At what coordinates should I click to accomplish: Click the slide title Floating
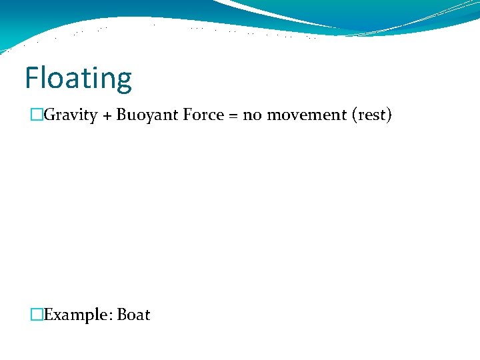(x=78, y=79)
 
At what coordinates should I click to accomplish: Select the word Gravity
(x=72, y=115)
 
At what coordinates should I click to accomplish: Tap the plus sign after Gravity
(x=107, y=116)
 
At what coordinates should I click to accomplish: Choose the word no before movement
(x=251, y=115)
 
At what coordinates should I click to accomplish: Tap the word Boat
(x=133, y=315)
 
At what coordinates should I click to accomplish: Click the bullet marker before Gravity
(x=37, y=115)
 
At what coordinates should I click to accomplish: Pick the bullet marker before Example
(x=37, y=315)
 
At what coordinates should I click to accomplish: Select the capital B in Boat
(x=122, y=315)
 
